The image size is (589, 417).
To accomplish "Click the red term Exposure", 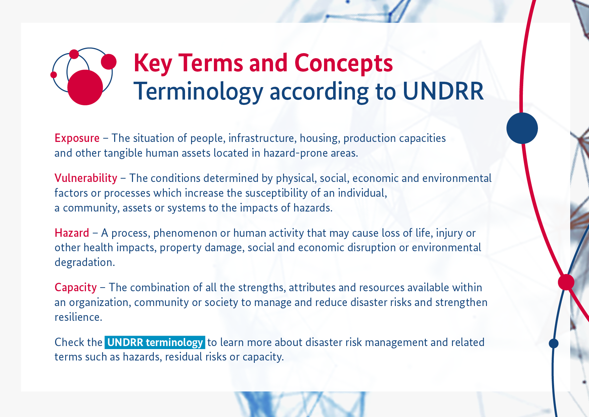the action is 77,138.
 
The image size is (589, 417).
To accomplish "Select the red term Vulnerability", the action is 86,178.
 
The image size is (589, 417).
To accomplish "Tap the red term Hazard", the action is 72,233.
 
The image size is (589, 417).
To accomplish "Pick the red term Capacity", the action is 76,288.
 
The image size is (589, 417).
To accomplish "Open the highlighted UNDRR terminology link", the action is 155,342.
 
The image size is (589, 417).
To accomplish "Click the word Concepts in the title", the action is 344,63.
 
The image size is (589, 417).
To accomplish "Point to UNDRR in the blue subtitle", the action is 443,91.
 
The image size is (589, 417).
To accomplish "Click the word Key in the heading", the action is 153,64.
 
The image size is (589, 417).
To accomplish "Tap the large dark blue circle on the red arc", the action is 522,128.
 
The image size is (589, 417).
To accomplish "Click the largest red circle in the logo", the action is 85,87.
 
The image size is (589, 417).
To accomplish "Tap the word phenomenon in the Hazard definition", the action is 185,233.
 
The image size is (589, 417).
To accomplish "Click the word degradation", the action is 85,262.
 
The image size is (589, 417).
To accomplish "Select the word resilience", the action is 79,317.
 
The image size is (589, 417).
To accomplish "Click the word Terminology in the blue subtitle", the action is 198,92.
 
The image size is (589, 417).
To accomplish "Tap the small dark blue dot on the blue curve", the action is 554,343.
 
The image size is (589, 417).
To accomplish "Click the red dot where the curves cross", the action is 566,282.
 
